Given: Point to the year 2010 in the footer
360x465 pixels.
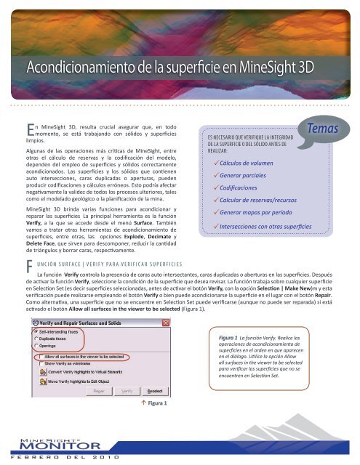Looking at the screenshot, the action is pos(114,458).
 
